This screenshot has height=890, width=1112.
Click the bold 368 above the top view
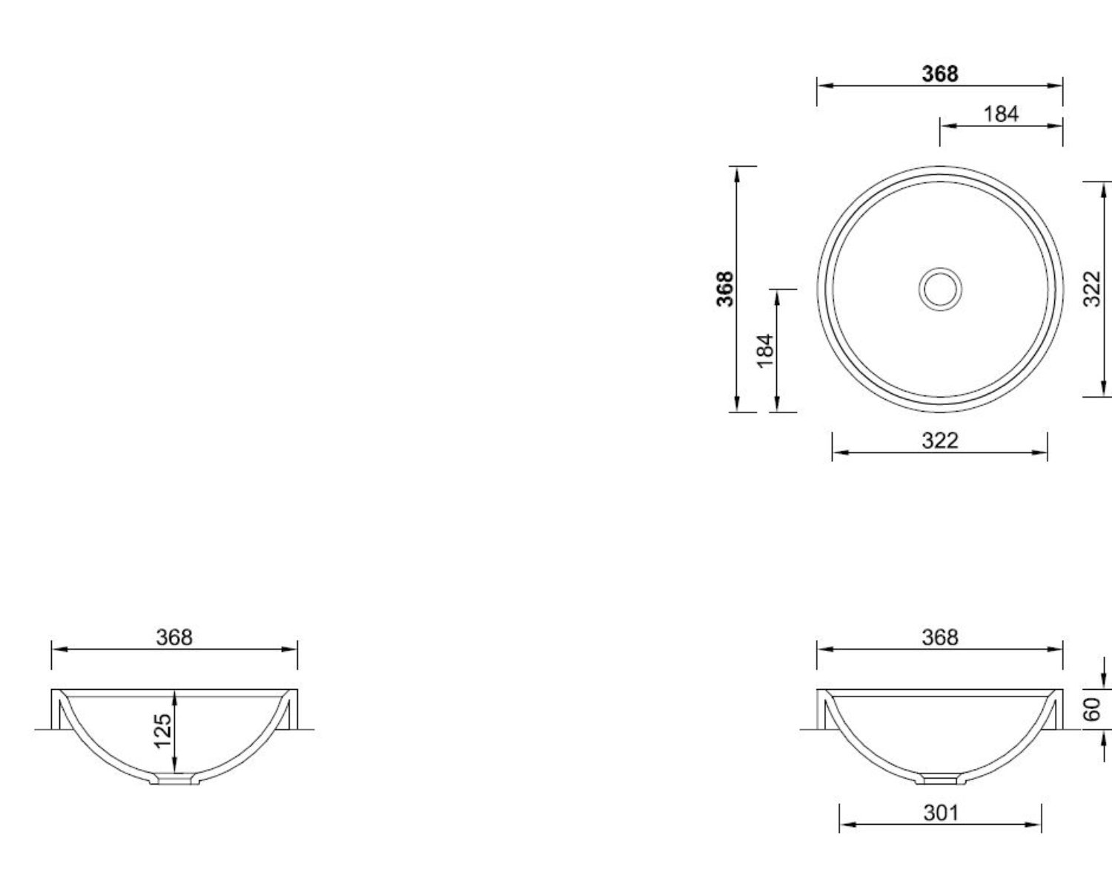939,74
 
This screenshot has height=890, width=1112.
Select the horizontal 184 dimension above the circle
1000,114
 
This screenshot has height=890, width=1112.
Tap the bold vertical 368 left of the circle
725,289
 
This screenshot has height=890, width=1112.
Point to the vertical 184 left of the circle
765,351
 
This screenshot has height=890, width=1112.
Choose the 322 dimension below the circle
940,441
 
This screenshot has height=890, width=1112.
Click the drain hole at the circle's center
940,289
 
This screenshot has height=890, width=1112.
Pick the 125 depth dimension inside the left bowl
163,731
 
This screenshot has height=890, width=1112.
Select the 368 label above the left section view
174,638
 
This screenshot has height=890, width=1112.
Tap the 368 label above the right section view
940,638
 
